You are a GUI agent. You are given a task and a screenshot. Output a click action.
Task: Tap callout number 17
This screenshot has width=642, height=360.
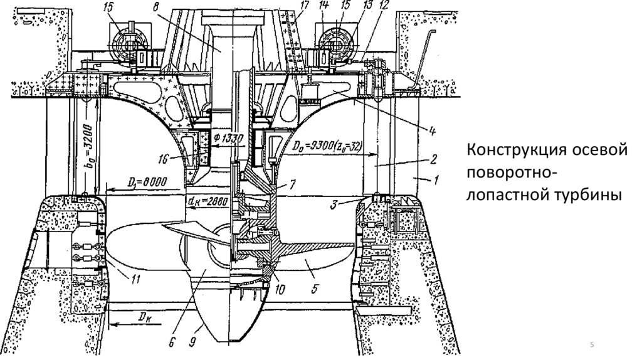point(305,8)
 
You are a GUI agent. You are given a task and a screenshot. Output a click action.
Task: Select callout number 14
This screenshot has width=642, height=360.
point(324,8)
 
